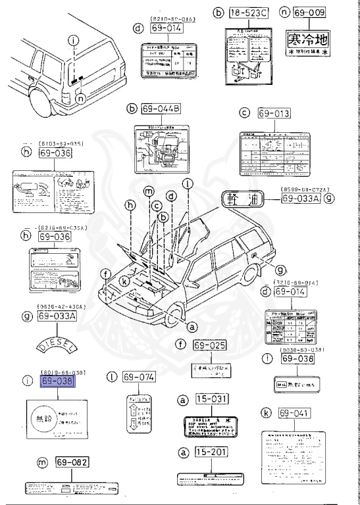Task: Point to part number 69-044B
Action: click(x=160, y=108)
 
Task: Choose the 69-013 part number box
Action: click(x=273, y=114)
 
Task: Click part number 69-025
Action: click(x=209, y=345)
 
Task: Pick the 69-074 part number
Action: click(x=138, y=377)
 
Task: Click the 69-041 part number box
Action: click(x=294, y=414)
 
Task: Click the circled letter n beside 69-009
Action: click(x=284, y=12)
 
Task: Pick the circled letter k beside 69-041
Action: click(x=265, y=413)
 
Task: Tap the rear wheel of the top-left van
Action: click(x=41, y=105)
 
